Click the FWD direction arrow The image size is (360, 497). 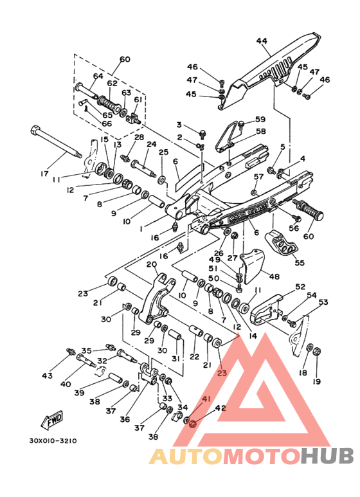[52, 420]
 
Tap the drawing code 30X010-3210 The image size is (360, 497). [53, 441]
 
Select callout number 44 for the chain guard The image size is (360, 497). [262, 41]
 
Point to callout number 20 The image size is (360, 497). [152, 264]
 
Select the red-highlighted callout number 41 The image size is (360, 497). [206, 399]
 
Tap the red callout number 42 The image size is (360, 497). [221, 408]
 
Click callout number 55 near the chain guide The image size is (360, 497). [300, 263]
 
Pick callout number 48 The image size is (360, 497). [274, 276]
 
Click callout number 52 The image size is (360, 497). [300, 287]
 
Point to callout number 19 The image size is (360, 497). [316, 381]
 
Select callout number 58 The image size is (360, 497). [261, 131]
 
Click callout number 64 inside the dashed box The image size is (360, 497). [98, 76]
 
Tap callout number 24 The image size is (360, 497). [152, 144]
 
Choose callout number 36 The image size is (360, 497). [125, 419]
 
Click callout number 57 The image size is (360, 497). [258, 177]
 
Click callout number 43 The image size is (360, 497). [47, 376]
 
